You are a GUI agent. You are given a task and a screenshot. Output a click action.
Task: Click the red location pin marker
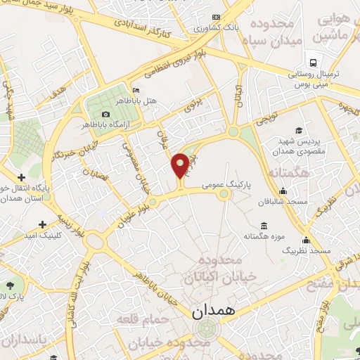(180, 166)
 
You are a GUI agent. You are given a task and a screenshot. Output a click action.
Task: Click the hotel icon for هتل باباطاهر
(136, 91)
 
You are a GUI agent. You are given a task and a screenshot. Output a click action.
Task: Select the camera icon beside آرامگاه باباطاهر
(105, 115)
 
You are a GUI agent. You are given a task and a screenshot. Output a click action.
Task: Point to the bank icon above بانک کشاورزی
(216, 17)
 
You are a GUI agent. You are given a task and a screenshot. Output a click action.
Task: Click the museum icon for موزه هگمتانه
(264, 226)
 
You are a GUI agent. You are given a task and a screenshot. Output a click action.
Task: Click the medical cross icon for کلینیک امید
(43, 225)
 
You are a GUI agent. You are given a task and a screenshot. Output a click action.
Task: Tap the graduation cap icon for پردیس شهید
(299, 130)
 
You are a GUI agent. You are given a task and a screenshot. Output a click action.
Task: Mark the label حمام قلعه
(134, 321)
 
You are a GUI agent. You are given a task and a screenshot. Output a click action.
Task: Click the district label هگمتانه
(288, 172)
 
